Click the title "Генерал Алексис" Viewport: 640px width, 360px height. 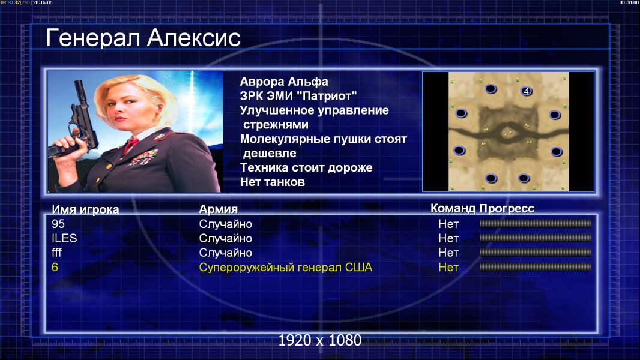[x=143, y=38]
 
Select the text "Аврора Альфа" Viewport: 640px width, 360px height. [x=283, y=82]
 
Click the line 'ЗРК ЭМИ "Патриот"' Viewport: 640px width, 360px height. [x=298, y=96]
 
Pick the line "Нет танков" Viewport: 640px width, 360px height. [x=272, y=182]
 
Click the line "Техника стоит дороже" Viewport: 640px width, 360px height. [x=306, y=167]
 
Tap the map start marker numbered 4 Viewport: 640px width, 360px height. [x=527, y=91]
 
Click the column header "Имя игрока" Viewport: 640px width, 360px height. [x=85, y=209]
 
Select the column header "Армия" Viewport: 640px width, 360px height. [x=219, y=209]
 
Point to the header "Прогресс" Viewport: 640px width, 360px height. [x=507, y=208]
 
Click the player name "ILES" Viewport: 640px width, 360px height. [x=64, y=238]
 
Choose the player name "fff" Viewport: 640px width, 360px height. [x=56, y=253]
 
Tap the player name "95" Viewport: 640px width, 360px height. [x=58, y=224]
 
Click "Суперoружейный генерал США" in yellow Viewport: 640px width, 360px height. [x=285, y=268]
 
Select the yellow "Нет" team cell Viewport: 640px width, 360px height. [x=448, y=268]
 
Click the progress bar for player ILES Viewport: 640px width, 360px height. [x=536, y=238]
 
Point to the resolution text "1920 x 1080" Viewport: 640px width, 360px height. [x=319, y=340]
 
